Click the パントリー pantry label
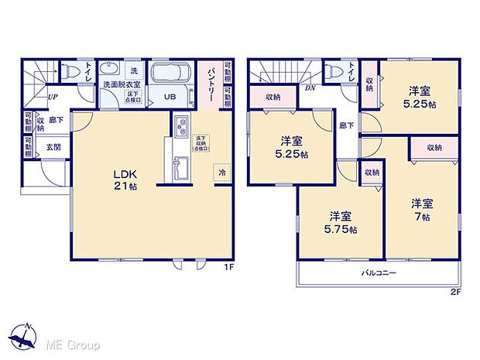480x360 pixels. pos(209,81)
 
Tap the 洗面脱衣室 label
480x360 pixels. pos(115,87)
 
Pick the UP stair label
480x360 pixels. pos(52,98)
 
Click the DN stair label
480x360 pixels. pos(310,87)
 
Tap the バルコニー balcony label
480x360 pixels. pos(378,273)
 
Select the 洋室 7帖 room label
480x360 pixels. pos(422,209)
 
